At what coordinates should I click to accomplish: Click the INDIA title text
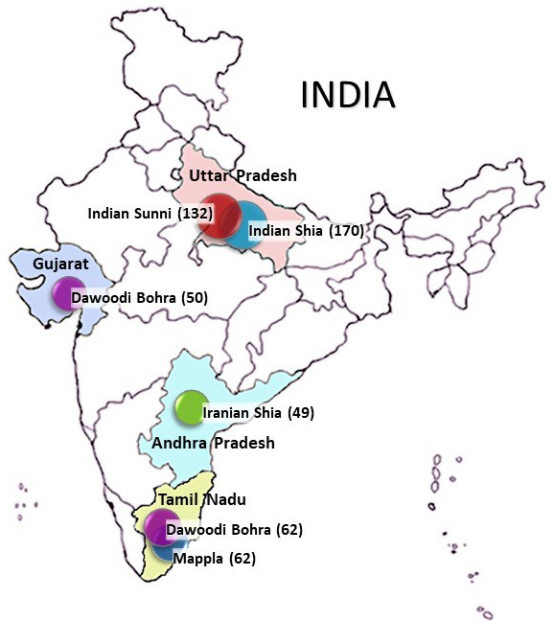[348, 95]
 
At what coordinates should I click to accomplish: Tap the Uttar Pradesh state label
[242, 175]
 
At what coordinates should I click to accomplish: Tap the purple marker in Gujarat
[66, 292]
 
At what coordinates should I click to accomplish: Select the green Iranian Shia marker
[190, 407]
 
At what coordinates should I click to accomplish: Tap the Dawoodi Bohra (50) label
[139, 299]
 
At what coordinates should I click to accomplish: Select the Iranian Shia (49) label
[259, 413]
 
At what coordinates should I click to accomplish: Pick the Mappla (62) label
[215, 558]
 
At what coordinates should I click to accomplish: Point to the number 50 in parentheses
[193, 299]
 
